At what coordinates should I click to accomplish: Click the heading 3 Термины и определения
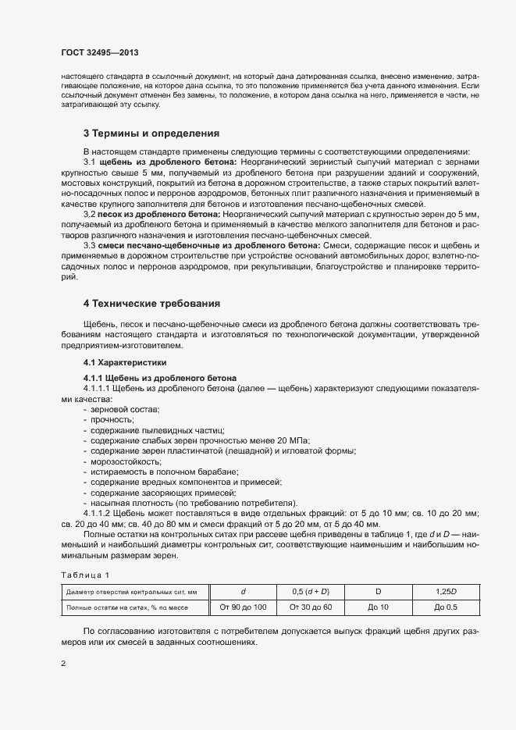tap(151, 133)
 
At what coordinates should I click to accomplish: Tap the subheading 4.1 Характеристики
tap(124, 363)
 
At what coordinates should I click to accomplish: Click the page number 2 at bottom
tap(63, 664)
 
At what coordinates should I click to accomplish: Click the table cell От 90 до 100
tap(243, 607)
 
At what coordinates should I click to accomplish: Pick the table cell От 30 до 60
tap(311, 607)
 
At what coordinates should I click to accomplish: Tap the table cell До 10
tap(378, 607)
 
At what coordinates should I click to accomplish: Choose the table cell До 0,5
tap(446, 607)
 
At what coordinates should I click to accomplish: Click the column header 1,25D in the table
tap(446, 591)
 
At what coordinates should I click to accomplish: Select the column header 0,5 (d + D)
tap(311, 591)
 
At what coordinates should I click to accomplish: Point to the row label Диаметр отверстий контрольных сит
tap(137, 592)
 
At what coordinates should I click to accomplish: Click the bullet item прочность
tap(112, 419)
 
